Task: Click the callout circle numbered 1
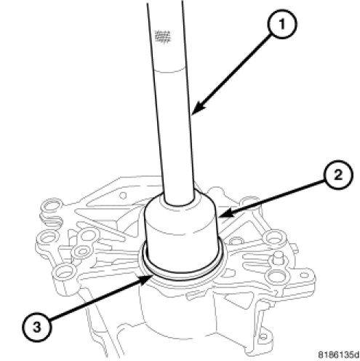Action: (x=281, y=24)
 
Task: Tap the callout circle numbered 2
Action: (x=338, y=175)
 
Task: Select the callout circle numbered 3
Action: (x=37, y=328)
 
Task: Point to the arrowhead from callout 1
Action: (x=197, y=108)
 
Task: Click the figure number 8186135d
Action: (x=338, y=354)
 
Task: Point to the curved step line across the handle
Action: (x=169, y=71)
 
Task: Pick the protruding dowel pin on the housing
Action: (x=278, y=256)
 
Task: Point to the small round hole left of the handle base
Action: (x=123, y=195)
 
